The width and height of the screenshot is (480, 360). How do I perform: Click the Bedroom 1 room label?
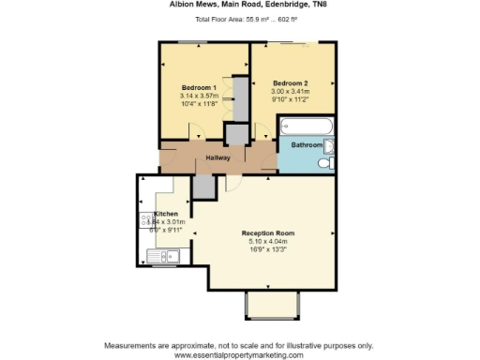[199, 87]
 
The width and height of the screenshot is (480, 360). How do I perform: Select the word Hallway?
[218, 157]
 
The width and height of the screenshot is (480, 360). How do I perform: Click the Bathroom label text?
[307, 145]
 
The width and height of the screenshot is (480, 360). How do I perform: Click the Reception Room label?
[268, 232]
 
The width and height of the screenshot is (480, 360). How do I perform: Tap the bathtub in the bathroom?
[303, 126]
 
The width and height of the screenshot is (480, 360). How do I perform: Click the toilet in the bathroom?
[324, 163]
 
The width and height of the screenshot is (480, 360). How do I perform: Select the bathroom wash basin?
[329, 145]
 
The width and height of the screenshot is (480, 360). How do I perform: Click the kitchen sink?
[161, 254]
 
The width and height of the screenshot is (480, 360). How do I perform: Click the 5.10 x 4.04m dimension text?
[268, 241]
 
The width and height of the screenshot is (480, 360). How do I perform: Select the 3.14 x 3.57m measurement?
[199, 96]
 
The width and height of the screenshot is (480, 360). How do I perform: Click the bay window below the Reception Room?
[272, 305]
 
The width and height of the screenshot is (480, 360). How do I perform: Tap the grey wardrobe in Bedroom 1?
[240, 100]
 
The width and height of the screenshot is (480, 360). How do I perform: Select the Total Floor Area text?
[240, 19]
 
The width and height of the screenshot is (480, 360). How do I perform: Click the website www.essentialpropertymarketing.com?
[240, 354]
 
